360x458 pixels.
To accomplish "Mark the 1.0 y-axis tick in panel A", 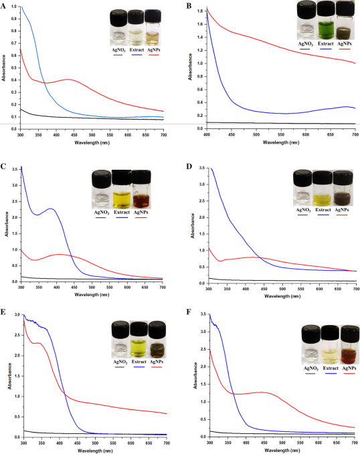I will (x=15, y=7).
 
